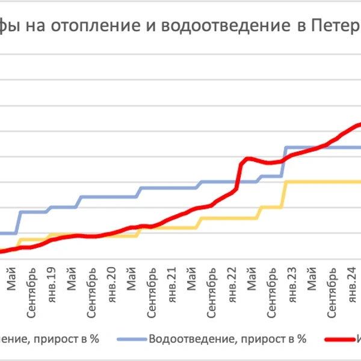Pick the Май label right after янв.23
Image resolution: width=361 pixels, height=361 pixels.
(x=312, y=277)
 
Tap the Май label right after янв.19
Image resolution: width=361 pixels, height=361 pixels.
(x=72, y=277)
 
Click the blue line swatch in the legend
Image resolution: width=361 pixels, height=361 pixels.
(x=129, y=339)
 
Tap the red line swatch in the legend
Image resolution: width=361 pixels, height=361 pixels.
(x=341, y=339)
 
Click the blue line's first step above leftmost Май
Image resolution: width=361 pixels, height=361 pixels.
(x=18, y=223)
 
